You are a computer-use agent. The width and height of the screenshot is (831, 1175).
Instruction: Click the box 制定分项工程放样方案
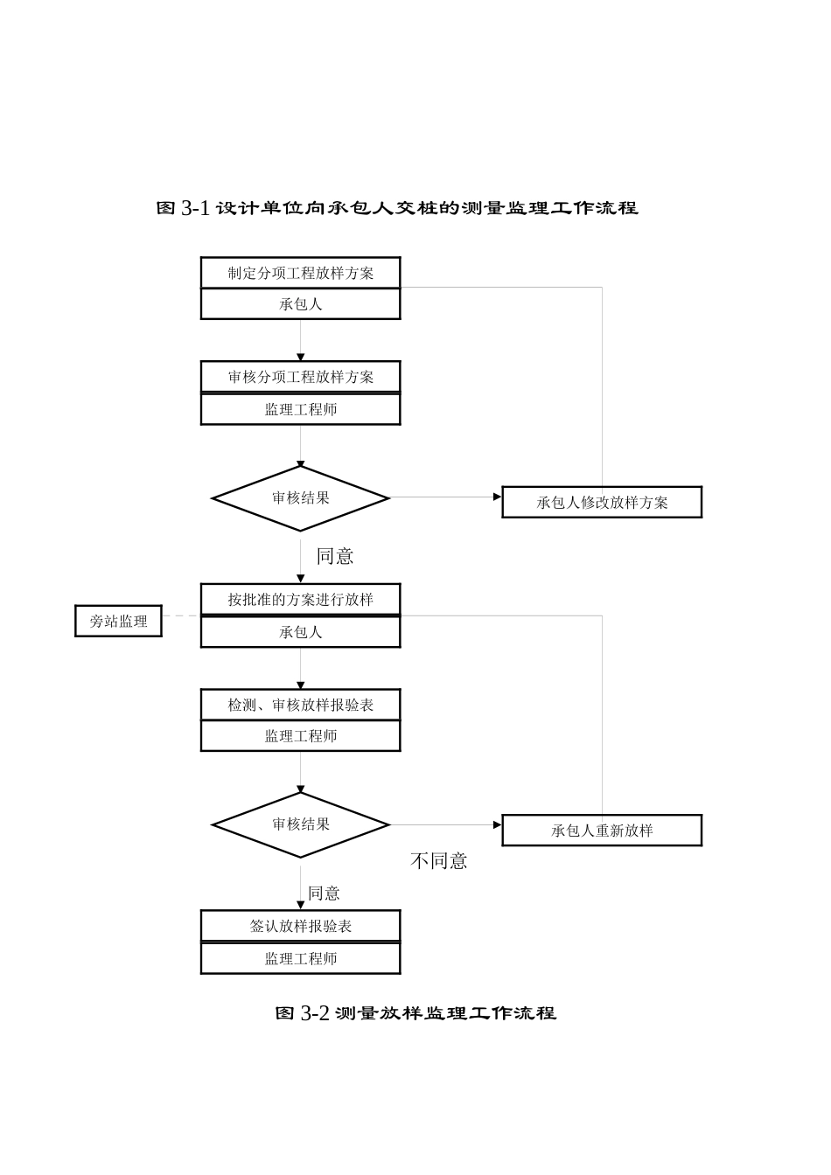tap(300, 273)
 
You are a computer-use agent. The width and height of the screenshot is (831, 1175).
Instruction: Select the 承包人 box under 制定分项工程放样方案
tap(300, 304)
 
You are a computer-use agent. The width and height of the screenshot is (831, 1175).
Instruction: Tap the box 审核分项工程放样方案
tap(300, 377)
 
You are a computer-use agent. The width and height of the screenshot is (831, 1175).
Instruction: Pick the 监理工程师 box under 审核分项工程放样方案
tap(300, 409)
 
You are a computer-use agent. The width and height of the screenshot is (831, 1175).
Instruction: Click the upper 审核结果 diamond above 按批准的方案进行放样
tap(300, 498)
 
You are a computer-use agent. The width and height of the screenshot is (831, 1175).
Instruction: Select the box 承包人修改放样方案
tap(602, 503)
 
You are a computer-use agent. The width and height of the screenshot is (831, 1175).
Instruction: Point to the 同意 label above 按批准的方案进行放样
tap(335, 556)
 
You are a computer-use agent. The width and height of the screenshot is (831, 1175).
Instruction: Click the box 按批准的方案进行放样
tap(300, 600)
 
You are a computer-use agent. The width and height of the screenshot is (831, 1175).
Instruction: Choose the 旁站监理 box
tap(118, 622)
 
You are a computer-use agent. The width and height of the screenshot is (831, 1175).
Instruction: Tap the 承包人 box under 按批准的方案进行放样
tap(300, 632)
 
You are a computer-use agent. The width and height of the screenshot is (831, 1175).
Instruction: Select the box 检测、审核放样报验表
tap(300, 705)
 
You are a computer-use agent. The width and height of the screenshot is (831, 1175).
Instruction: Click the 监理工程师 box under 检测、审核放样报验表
tap(300, 736)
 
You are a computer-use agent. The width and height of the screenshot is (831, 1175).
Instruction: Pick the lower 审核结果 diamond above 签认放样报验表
tap(300, 824)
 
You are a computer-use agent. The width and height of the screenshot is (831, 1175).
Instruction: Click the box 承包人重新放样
tap(602, 831)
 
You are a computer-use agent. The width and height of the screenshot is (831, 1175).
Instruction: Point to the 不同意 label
tap(439, 861)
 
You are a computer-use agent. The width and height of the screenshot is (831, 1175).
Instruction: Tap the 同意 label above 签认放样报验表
tap(324, 893)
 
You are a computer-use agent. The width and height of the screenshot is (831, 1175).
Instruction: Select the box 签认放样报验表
tap(300, 926)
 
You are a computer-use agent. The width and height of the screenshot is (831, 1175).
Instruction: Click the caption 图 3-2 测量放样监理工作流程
tap(415, 1013)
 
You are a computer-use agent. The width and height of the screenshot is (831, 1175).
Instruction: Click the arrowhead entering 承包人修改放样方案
tap(497, 497)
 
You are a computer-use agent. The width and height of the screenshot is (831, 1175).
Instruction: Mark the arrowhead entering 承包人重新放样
tap(497, 824)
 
